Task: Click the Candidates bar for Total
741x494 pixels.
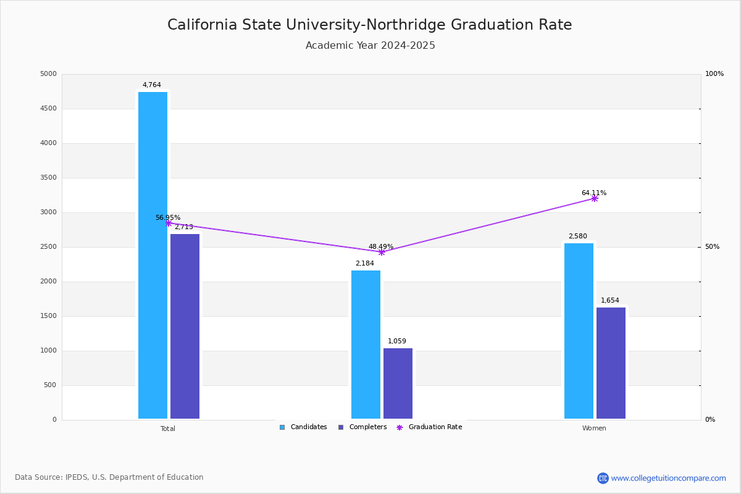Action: point(153,255)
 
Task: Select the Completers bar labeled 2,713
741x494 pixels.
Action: point(185,326)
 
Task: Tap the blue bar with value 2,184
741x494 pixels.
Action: point(366,345)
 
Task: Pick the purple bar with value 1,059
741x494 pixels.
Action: point(398,383)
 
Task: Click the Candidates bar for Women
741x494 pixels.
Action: point(579,331)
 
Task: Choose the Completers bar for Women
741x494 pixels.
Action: point(611,363)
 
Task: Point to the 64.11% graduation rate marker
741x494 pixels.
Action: point(594,199)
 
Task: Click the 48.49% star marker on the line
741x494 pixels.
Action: point(381,252)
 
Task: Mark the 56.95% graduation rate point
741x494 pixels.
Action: point(169,224)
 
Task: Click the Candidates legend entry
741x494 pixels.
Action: point(303,427)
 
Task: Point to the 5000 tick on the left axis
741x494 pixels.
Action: point(48,74)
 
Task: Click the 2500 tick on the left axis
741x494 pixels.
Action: point(48,247)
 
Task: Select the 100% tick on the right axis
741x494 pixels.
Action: point(714,74)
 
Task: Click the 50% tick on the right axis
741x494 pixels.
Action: point(712,247)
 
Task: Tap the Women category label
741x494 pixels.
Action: point(594,429)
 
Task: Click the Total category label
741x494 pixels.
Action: point(168,429)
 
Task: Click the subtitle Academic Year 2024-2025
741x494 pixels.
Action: point(371,46)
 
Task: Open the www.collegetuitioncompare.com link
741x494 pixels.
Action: point(668,478)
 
